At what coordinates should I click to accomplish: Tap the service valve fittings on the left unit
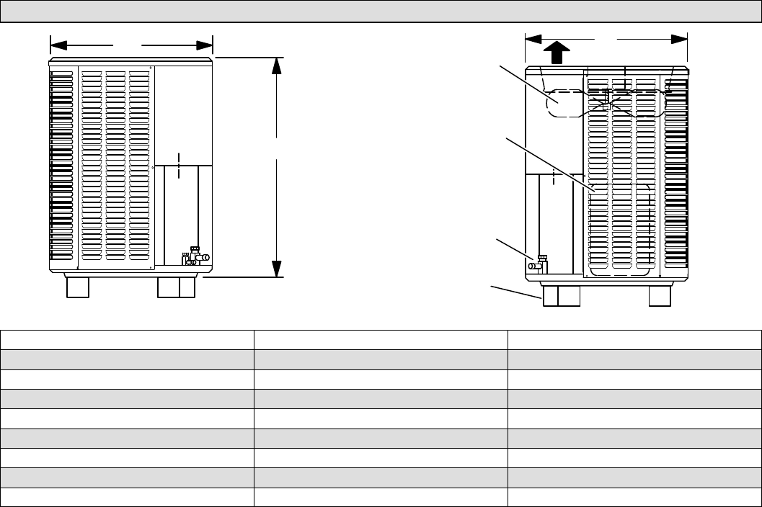coord(195,256)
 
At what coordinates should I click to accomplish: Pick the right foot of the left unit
coord(176,287)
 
